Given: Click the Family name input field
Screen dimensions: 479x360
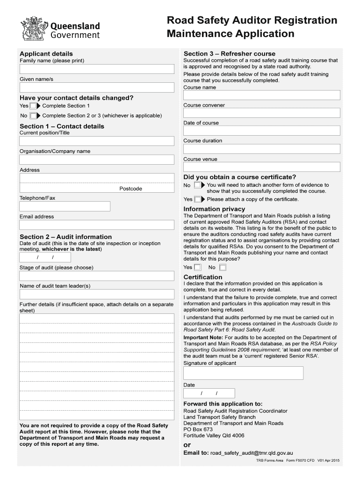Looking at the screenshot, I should pos(96,70).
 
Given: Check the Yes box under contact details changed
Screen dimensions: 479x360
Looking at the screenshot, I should pos(33,106).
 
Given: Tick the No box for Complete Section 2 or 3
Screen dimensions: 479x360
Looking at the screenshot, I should pos(33,116).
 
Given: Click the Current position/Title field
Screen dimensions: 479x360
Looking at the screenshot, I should pos(96,141).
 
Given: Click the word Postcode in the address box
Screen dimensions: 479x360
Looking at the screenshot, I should pos(131,189).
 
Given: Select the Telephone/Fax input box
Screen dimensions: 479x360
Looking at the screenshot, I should pos(65,206).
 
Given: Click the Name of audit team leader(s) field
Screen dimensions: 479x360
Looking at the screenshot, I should pos(96,294).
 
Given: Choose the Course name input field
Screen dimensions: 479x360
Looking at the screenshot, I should pos(261,95).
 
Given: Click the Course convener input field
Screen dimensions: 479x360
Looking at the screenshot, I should pos(261,113).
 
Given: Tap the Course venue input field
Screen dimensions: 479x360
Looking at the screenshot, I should pos(261,167).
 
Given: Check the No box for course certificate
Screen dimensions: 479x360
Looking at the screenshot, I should pos(198,186).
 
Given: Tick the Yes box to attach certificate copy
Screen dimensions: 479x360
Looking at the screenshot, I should pos(198,199).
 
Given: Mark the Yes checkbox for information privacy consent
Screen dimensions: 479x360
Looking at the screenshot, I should pos(198,268).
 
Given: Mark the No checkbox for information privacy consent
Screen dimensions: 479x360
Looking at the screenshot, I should pos(223,268).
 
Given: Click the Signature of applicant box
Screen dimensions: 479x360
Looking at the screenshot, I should pos(243,373).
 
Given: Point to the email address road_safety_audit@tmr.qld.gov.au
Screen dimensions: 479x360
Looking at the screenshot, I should pos(252,453).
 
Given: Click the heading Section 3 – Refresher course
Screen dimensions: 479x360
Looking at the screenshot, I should pos(230,54).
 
